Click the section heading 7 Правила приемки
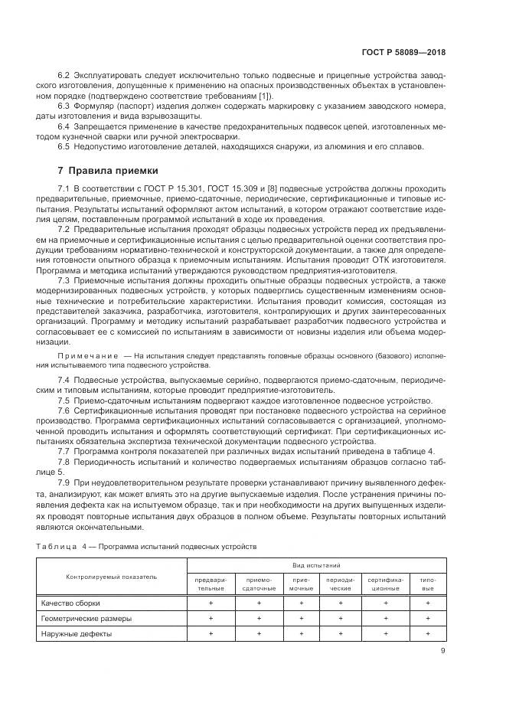[x=109, y=170]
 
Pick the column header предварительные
[x=211, y=584]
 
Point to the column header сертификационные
[x=384, y=584]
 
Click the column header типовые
[x=428, y=584]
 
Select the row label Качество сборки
[x=71, y=603]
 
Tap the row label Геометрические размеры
[x=86, y=619]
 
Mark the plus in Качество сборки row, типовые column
[x=428, y=603]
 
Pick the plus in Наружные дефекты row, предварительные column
[x=211, y=633]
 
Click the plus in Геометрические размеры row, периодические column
[x=340, y=619]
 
